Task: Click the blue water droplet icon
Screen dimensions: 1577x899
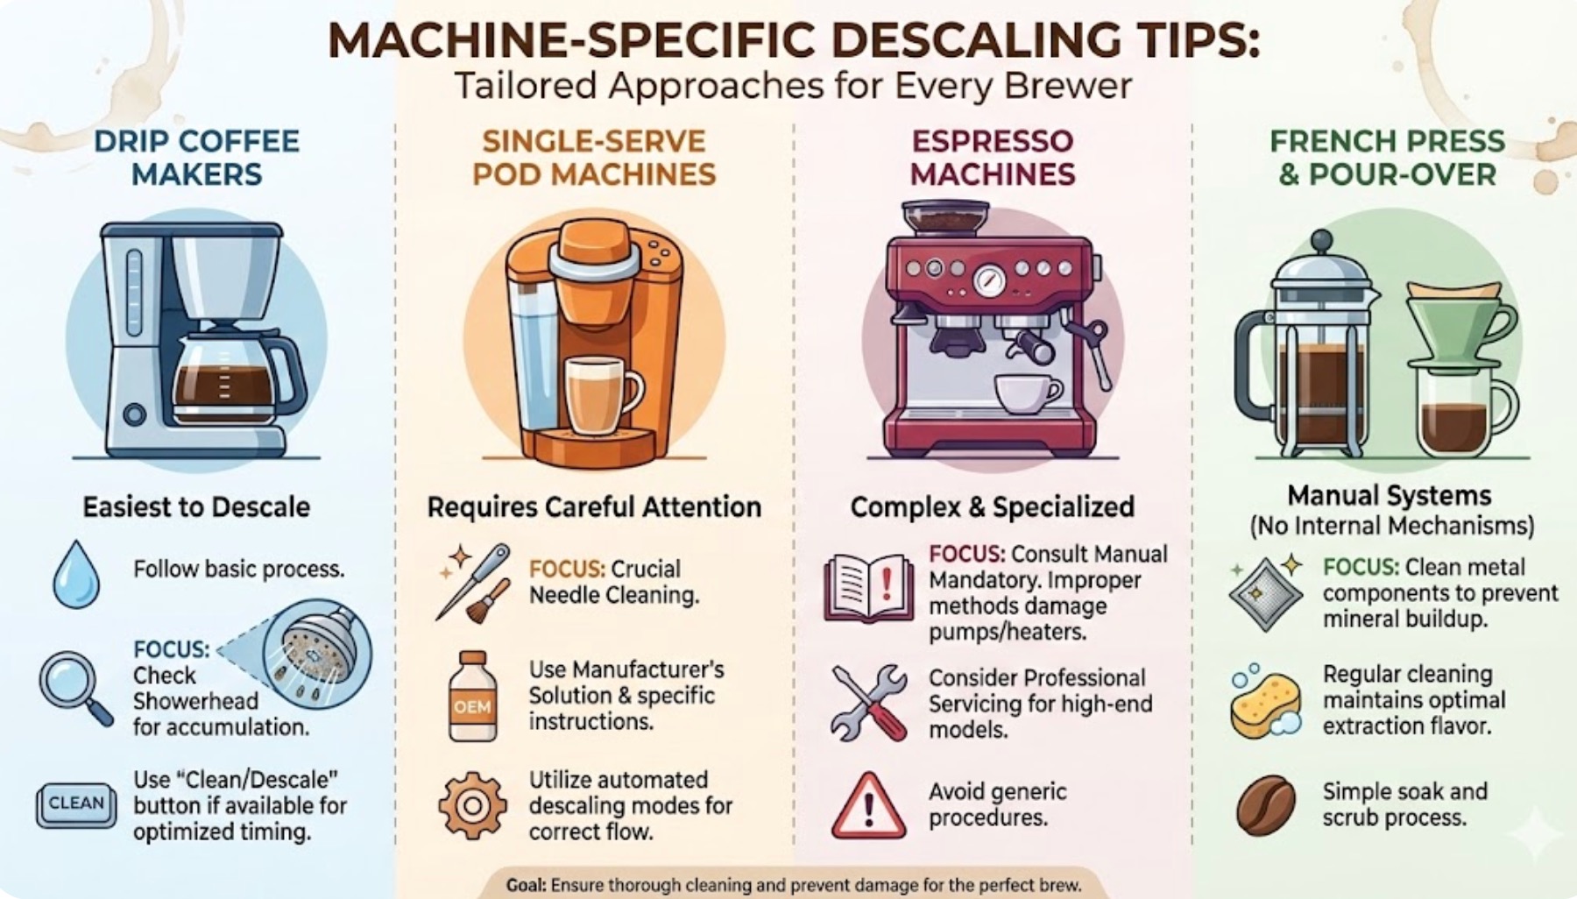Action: (x=76, y=575)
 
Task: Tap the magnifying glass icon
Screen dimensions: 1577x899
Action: (x=74, y=688)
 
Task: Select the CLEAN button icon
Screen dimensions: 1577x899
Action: (x=76, y=804)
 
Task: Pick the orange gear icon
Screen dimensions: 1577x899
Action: (x=472, y=805)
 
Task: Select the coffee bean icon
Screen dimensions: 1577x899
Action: (x=1266, y=805)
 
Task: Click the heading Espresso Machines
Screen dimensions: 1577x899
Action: (x=993, y=158)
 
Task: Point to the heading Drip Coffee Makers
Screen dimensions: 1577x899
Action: (x=197, y=158)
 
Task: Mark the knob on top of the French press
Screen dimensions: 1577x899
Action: (x=1321, y=239)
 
